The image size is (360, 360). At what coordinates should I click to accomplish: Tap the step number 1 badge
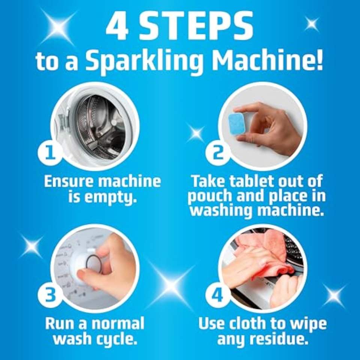[x=51, y=153]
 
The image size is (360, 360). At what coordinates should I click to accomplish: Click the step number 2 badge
[x=218, y=153]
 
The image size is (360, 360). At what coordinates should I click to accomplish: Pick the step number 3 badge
[x=51, y=295]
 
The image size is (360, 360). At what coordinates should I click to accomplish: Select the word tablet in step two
[x=252, y=181]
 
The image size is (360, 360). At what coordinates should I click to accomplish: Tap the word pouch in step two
[x=210, y=196]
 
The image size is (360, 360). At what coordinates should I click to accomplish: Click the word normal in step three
[x=118, y=324]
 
